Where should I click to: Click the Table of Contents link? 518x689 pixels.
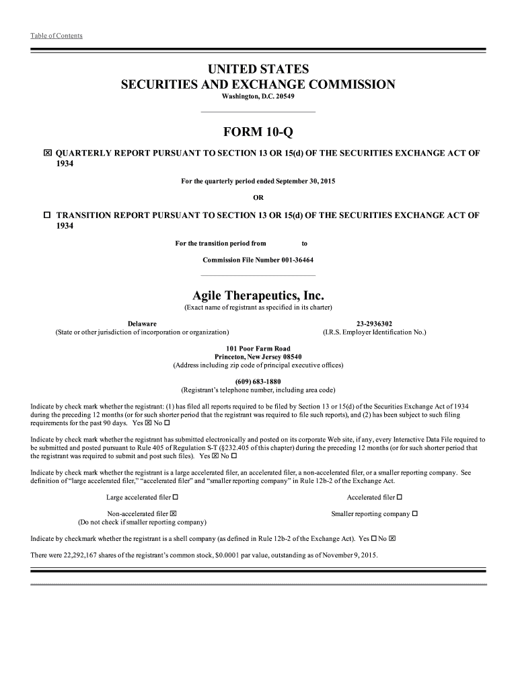pyautogui.click(x=57, y=36)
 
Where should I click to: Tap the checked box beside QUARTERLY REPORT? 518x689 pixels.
pyautogui.click(x=47, y=153)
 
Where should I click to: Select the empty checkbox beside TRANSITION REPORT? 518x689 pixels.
pyautogui.click(x=47, y=216)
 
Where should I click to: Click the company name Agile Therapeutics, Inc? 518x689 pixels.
pyautogui.click(x=258, y=295)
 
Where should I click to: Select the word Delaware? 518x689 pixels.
pyautogui.click(x=142, y=324)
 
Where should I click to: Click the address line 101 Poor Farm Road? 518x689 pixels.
pyautogui.click(x=258, y=349)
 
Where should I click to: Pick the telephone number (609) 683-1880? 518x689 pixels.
pyautogui.click(x=258, y=382)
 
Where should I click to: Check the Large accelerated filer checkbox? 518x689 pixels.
pyautogui.click(x=176, y=498)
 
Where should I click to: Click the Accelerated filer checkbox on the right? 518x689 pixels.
pyautogui.click(x=400, y=498)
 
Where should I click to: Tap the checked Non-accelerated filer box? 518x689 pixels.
pyautogui.click(x=174, y=514)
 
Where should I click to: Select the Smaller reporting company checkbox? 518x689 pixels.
pyautogui.click(x=415, y=514)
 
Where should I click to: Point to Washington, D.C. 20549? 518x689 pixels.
pyautogui.click(x=258, y=97)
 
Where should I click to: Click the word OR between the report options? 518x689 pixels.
pyautogui.click(x=258, y=198)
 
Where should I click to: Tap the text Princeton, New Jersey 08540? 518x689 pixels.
pyautogui.click(x=258, y=357)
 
